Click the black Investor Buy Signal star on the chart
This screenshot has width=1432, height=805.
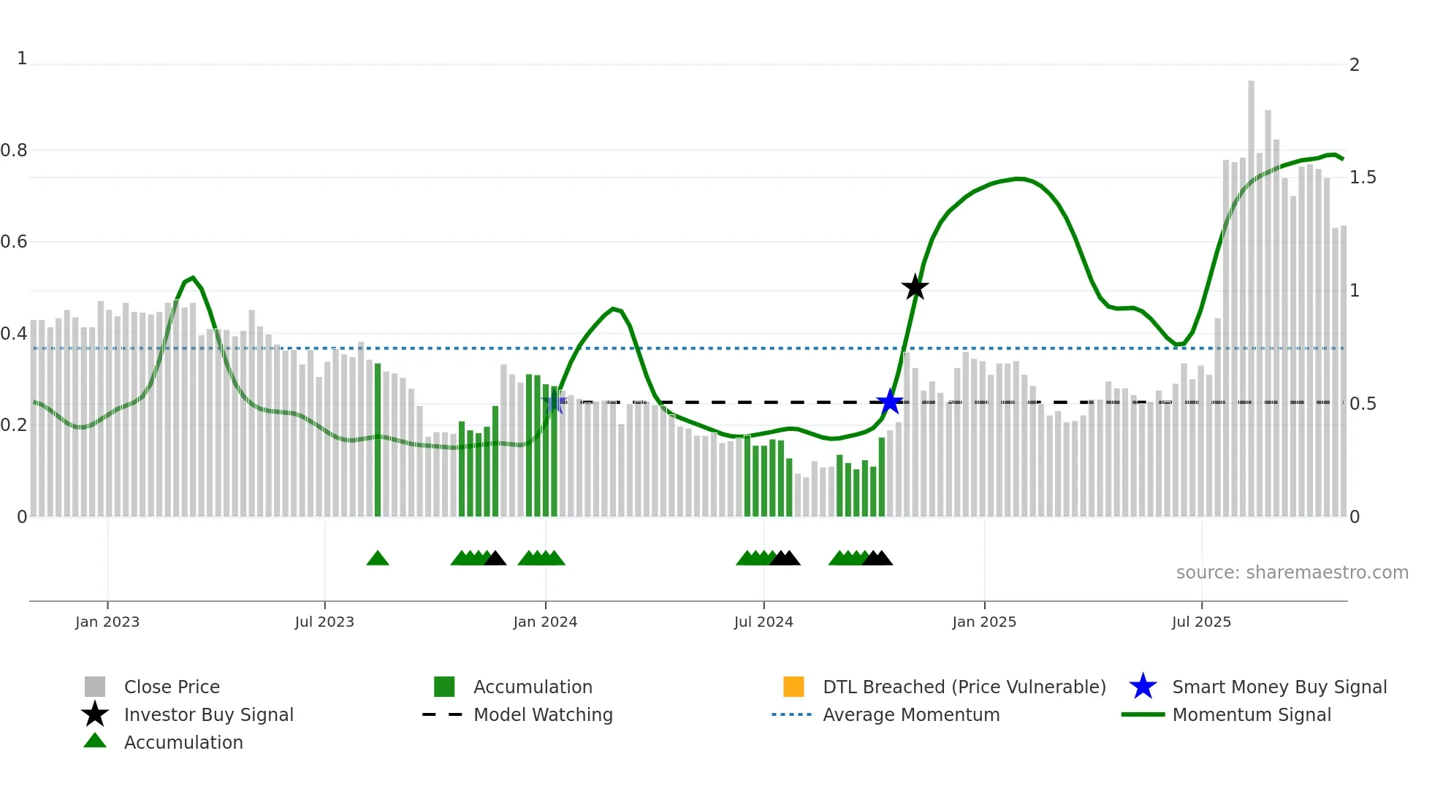coord(915,287)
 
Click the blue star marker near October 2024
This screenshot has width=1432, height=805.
coord(889,401)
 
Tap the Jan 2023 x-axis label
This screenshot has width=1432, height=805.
coord(107,622)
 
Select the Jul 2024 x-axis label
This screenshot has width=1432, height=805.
coord(763,622)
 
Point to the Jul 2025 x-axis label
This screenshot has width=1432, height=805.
coord(1201,622)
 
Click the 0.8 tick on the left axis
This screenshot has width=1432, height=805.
coord(14,150)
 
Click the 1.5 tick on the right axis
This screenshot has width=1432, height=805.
coord(1363,178)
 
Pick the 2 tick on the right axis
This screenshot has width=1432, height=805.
coord(1355,65)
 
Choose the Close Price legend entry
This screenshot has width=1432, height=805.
coord(172,687)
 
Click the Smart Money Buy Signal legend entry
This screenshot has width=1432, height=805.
coord(1279,687)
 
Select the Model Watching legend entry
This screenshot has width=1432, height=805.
coord(543,714)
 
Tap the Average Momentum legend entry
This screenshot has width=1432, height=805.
coord(911,714)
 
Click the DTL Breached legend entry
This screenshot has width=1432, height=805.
coord(964,687)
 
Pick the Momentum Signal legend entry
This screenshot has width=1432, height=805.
coord(1251,714)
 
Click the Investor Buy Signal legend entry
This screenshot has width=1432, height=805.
coord(208,714)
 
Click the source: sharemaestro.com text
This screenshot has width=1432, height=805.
coord(1292,572)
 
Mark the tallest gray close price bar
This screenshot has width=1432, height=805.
coord(1251,292)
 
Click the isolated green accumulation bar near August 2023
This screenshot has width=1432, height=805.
coord(378,438)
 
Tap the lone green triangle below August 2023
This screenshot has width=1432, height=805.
coord(378,559)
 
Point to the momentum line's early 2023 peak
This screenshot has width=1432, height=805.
coord(192,278)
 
